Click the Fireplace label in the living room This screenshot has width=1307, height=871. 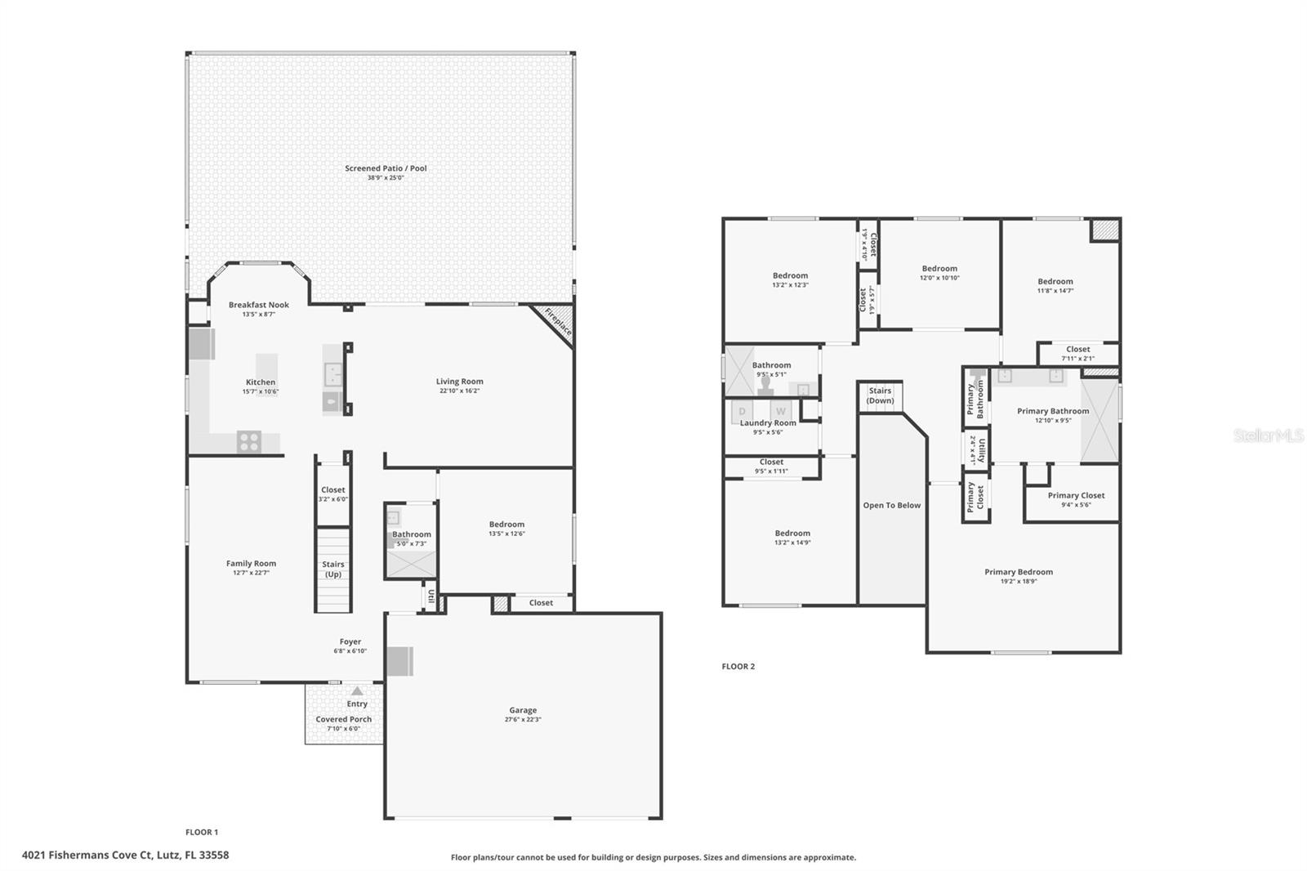558,322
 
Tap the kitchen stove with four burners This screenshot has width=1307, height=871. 249,442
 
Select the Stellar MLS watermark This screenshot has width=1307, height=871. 1268,435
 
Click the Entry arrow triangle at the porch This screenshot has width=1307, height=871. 357,691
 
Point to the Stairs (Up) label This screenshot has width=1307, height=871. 333,569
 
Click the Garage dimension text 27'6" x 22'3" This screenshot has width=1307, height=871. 523,720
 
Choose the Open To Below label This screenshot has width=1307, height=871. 891,506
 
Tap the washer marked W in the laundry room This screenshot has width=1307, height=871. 780,411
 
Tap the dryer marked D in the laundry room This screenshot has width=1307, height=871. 743,411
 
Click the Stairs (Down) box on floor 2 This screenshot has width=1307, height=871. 880,396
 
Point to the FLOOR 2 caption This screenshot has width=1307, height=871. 738,667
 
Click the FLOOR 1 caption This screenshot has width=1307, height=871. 202,833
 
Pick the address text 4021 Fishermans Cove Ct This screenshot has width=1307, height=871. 125,855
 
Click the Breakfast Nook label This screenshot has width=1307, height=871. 259,305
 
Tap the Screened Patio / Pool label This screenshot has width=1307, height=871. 386,168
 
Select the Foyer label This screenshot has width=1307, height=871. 350,642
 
